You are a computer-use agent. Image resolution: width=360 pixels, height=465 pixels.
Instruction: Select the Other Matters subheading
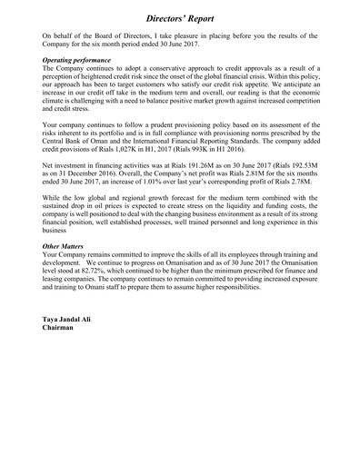pyautogui.click(x=68, y=246)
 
